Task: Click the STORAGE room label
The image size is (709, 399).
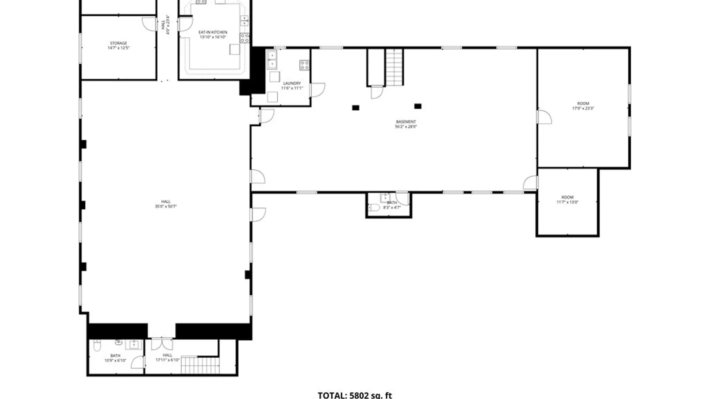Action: pos(119,43)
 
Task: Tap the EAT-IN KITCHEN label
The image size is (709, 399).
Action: pos(213,33)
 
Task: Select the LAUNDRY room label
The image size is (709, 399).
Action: pos(292,83)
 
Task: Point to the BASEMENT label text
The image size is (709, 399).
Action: pos(406,122)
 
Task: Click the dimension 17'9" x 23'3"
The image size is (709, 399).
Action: pos(583,109)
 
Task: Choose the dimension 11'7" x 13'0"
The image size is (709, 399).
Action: pos(567,202)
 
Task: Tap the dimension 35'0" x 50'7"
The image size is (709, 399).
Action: pos(166,207)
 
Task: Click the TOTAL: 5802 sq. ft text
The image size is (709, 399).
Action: pos(354,395)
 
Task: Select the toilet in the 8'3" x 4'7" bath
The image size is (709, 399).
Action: pos(374,208)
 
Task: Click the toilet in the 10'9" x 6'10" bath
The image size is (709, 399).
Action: pos(97,346)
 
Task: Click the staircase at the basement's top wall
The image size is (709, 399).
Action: pos(394,67)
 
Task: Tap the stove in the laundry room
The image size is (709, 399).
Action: pos(304,65)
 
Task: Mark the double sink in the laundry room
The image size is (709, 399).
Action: pos(272,60)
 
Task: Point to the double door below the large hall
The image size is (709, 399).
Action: pos(162,344)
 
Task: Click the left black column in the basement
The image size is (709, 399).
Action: pos(355,108)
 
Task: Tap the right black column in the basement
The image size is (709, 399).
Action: pos(418,106)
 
